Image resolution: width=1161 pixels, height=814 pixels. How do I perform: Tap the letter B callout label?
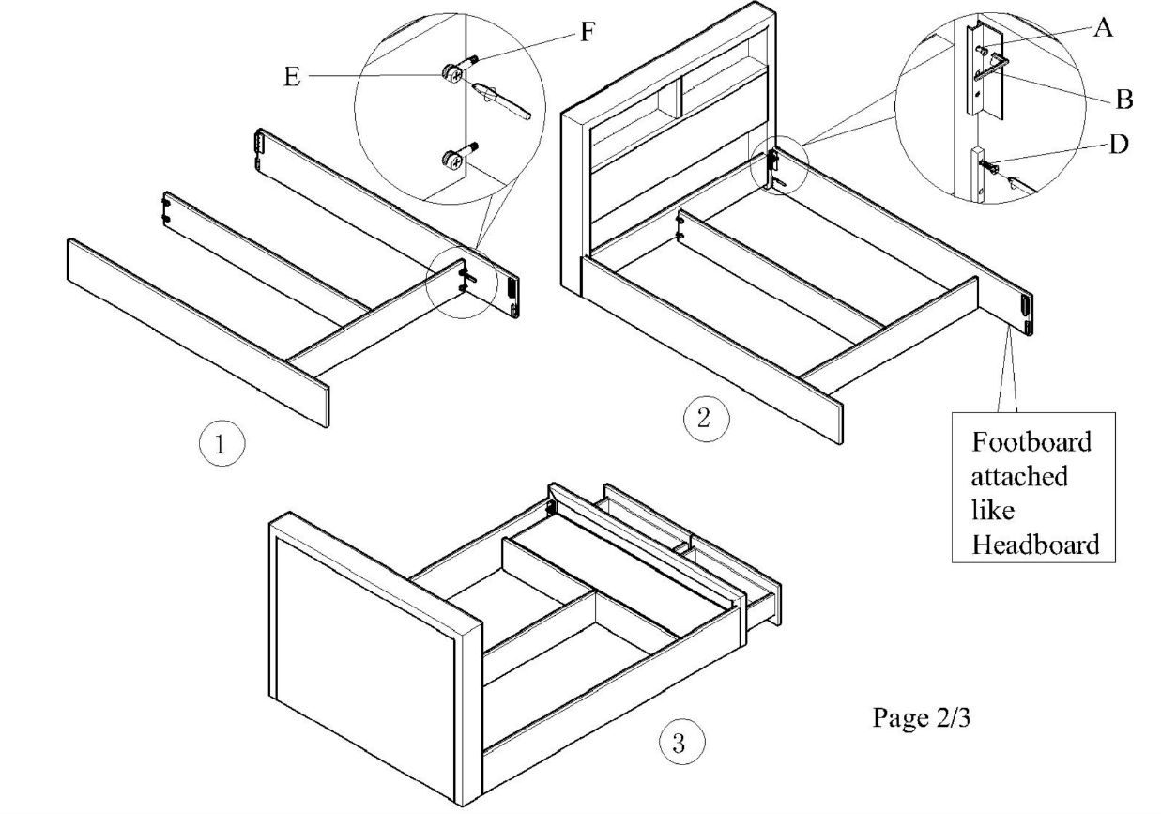tap(1122, 99)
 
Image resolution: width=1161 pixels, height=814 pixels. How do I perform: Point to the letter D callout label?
tap(1120, 145)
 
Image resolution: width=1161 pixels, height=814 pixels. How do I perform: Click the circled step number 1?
tap(221, 444)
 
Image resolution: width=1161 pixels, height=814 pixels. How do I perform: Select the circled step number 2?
tap(701, 419)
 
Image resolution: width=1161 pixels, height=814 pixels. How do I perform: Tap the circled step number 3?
tap(675, 744)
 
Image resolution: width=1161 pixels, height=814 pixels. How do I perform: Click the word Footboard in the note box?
tap(1031, 441)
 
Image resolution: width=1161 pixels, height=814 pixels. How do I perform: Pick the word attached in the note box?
tap(1018, 475)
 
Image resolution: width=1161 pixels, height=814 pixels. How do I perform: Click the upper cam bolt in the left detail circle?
tap(454, 71)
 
